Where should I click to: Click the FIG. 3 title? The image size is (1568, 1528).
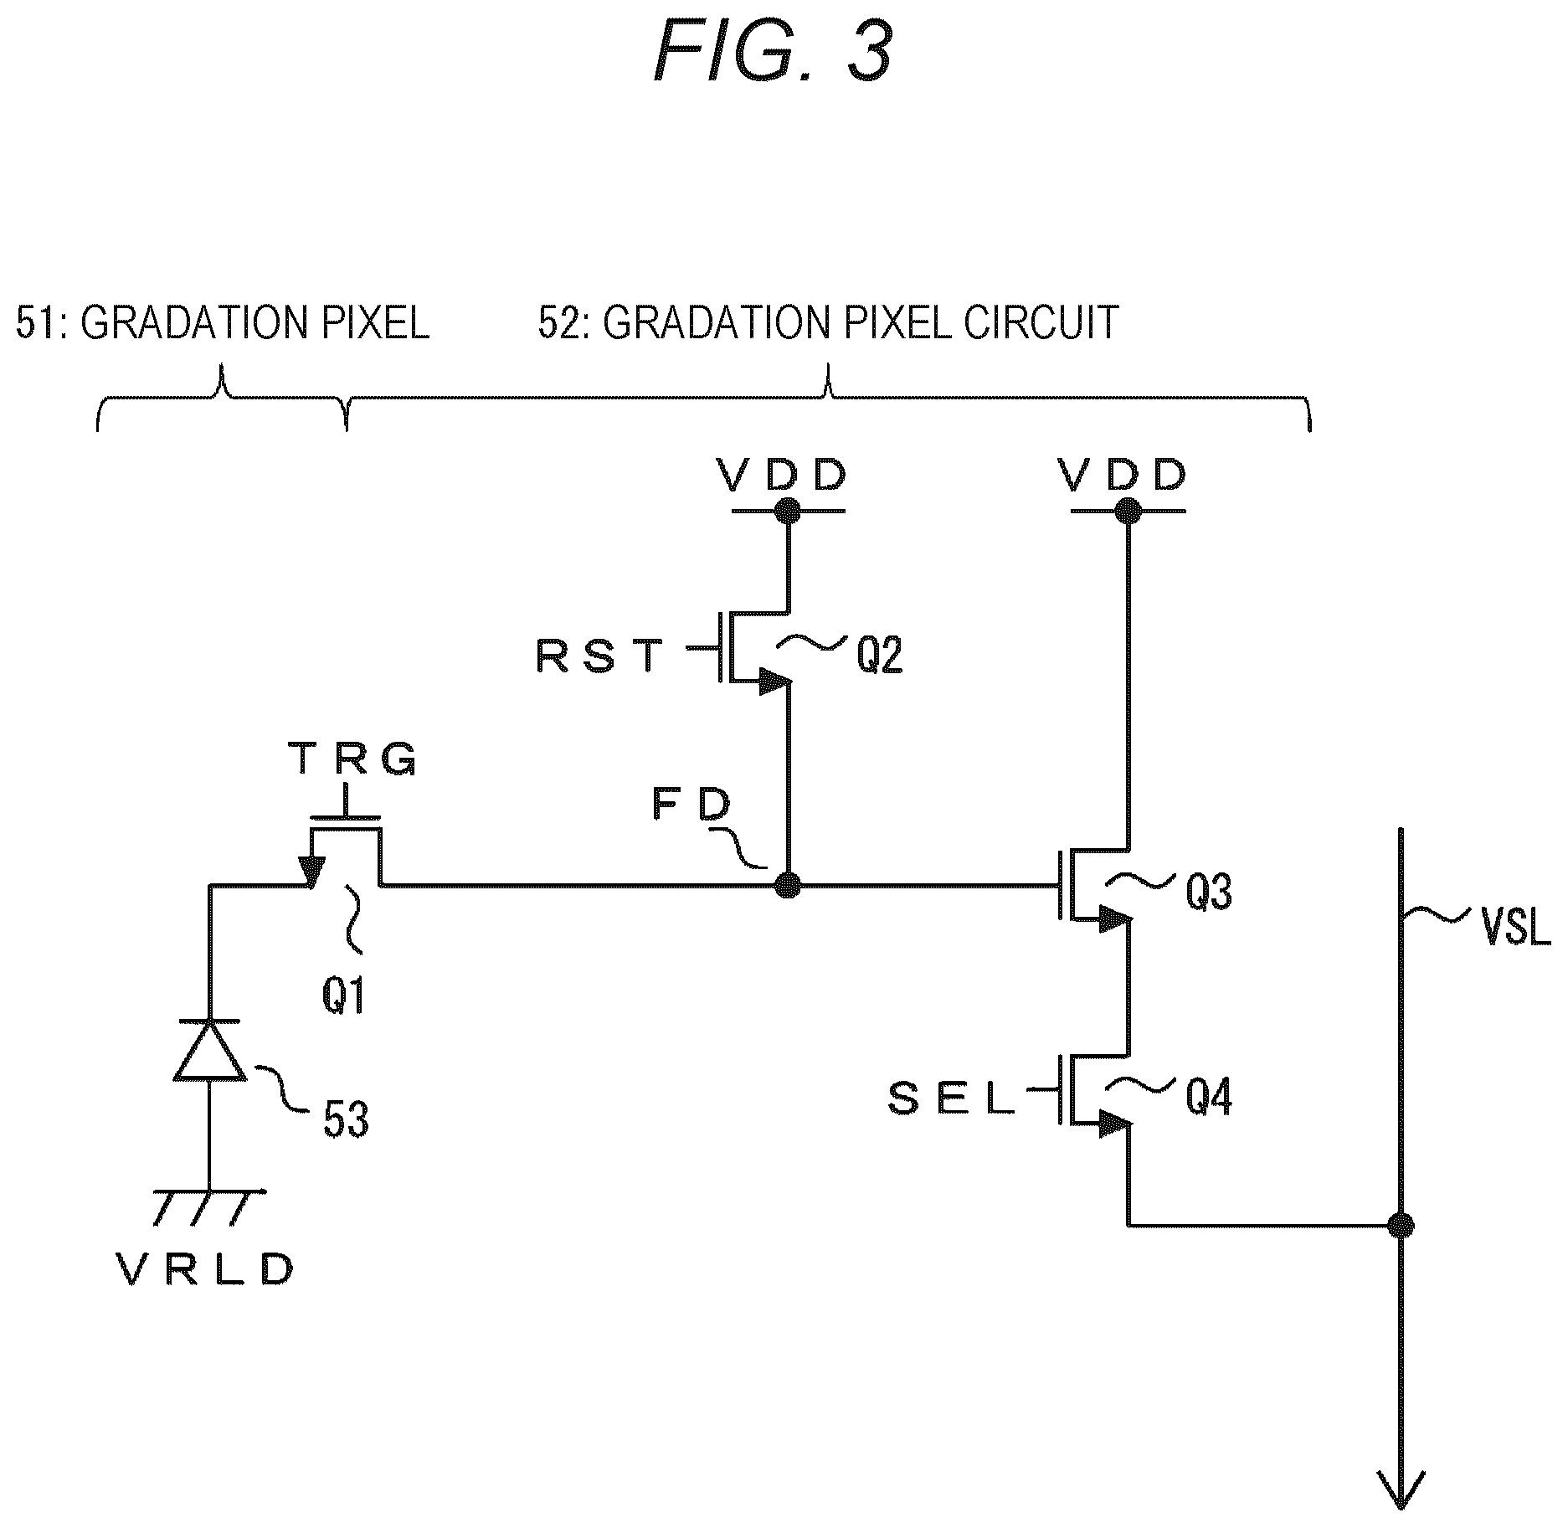[x=773, y=53]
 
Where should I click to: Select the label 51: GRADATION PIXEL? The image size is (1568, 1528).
[x=223, y=323]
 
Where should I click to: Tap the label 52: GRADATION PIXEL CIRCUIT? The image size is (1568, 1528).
[x=829, y=323]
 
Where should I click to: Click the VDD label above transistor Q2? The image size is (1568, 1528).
[x=782, y=475]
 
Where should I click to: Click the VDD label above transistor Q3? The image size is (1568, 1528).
[x=1123, y=475]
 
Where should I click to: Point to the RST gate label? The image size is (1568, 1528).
[x=599, y=656]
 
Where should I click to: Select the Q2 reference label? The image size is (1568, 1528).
[x=879, y=656]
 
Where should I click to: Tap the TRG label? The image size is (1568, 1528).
[x=352, y=760]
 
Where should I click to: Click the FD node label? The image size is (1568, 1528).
[x=691, y=805]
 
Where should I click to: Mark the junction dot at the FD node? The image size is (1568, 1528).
[x=787, y=884]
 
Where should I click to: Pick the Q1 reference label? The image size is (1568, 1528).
[x=344, y=997]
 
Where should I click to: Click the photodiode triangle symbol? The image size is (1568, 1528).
[x=209, y=1049]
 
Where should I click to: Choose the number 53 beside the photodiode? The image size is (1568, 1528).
[x=346, y=1119]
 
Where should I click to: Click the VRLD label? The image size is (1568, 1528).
[x=206, y=1272]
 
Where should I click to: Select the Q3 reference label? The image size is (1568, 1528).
[x=1209, y=893]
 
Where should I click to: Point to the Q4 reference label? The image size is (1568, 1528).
[x=1209, y=1098]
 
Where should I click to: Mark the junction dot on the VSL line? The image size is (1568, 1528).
[x=1401, y=1226]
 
